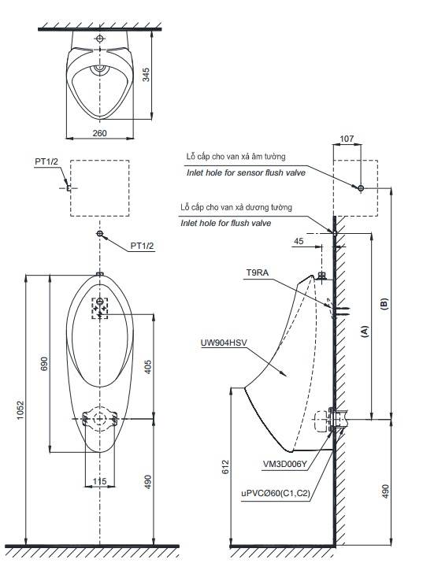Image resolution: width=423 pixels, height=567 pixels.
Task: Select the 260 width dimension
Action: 99,133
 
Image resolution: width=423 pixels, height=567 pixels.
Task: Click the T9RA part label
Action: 257,272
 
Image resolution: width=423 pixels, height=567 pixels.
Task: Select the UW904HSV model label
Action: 224,343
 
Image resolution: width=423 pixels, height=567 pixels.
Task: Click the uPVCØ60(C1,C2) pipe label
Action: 276,493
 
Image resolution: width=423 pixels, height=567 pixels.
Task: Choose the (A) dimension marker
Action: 364,332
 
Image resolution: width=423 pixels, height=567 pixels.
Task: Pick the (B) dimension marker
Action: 384,306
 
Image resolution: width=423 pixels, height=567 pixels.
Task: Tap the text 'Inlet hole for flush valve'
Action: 225,223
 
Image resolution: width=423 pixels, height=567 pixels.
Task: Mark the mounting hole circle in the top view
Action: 99,38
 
